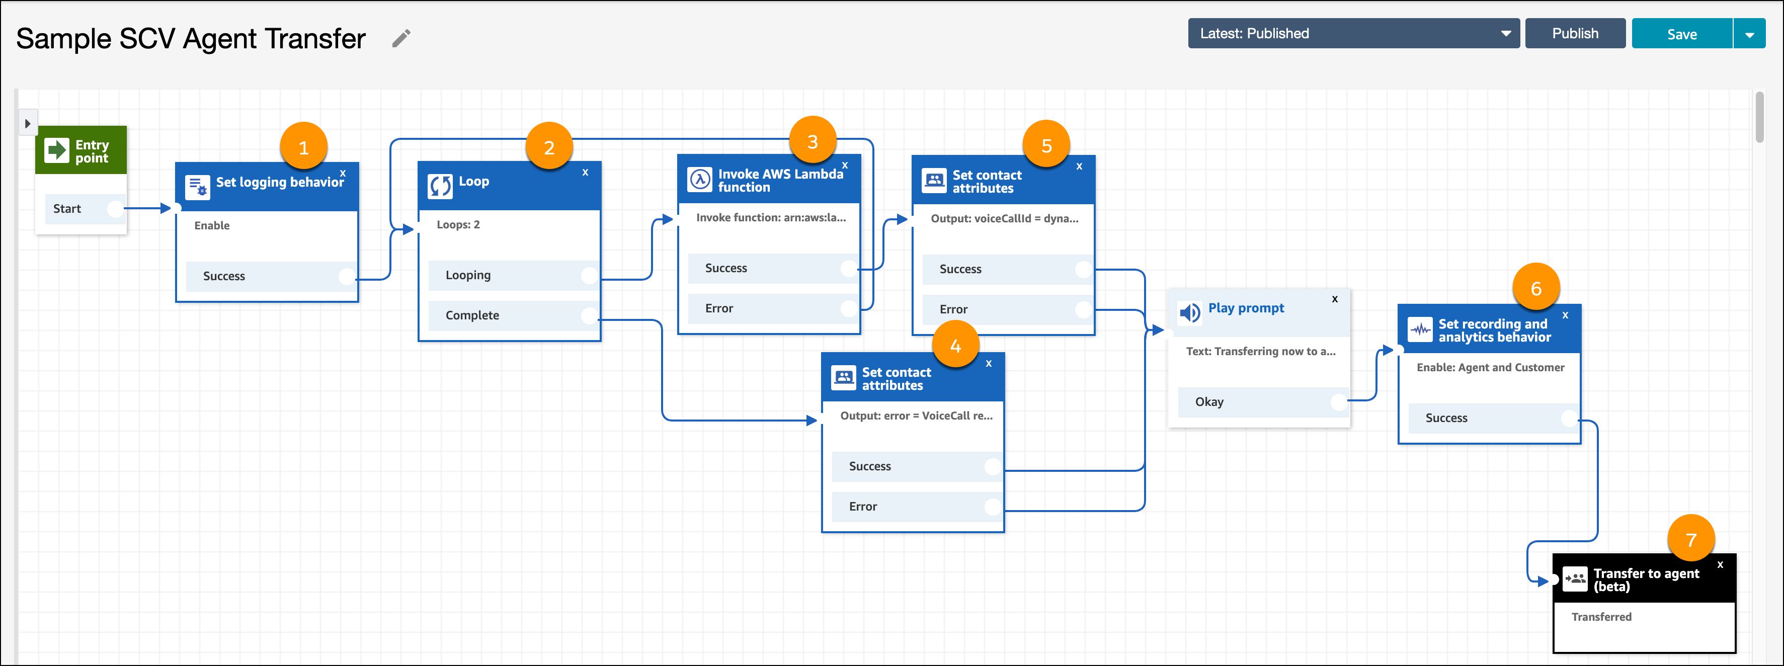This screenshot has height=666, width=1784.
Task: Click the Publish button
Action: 1575,33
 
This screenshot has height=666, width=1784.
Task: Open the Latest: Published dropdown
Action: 1353,33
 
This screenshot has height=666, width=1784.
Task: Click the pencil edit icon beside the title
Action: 401,38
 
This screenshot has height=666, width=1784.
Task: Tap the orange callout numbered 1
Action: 303,147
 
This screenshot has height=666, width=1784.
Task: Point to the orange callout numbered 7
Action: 1690,539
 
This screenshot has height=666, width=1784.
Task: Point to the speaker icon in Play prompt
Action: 1190,313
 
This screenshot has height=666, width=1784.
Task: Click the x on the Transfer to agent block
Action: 1720,564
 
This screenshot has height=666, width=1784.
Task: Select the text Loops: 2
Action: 458,224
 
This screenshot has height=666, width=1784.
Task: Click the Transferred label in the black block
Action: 1601,616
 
